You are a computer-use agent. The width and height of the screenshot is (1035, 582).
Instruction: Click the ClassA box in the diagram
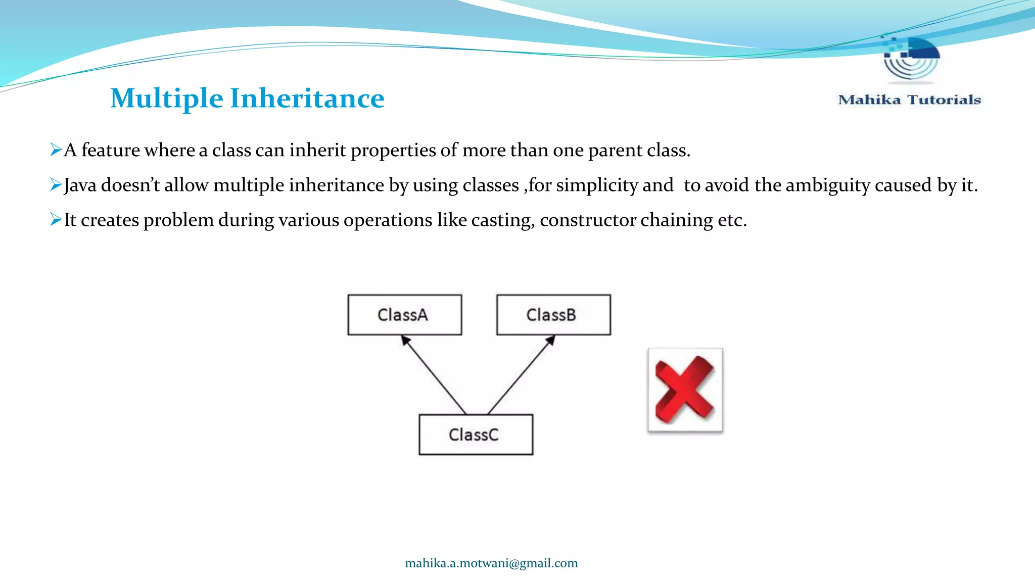(404, 315)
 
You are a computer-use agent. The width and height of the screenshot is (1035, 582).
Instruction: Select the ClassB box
(553, 315)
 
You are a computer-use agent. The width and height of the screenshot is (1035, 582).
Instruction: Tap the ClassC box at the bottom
(476, 434)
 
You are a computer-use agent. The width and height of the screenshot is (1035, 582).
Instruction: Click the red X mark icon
(685, 390)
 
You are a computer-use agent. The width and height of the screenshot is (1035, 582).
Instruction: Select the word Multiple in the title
(166, 98)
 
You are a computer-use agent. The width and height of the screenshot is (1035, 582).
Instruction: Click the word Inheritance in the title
(307, 98)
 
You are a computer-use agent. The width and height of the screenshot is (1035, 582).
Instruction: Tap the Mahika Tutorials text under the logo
(909, 100)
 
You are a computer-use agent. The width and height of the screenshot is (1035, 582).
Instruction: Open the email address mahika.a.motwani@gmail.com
(491, 563)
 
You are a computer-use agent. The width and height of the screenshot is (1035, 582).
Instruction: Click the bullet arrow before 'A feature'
(56, 150)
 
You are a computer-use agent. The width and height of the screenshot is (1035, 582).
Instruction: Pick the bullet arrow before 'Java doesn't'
(56, 185)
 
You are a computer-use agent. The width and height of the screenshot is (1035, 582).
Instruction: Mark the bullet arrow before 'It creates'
(56, 220)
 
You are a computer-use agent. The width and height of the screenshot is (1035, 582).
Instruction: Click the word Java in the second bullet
(80, 185)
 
